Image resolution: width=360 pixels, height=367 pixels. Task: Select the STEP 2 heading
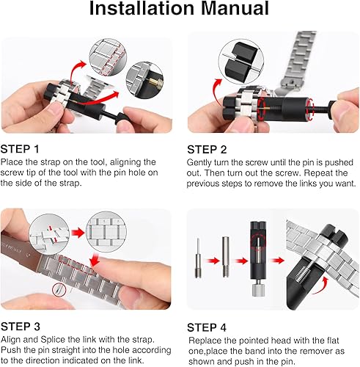[x=209, y=148]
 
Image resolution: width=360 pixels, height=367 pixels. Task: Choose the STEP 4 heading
[x=209, y=325]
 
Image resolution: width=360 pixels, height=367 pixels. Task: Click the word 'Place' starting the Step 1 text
[x=12, y=161]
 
